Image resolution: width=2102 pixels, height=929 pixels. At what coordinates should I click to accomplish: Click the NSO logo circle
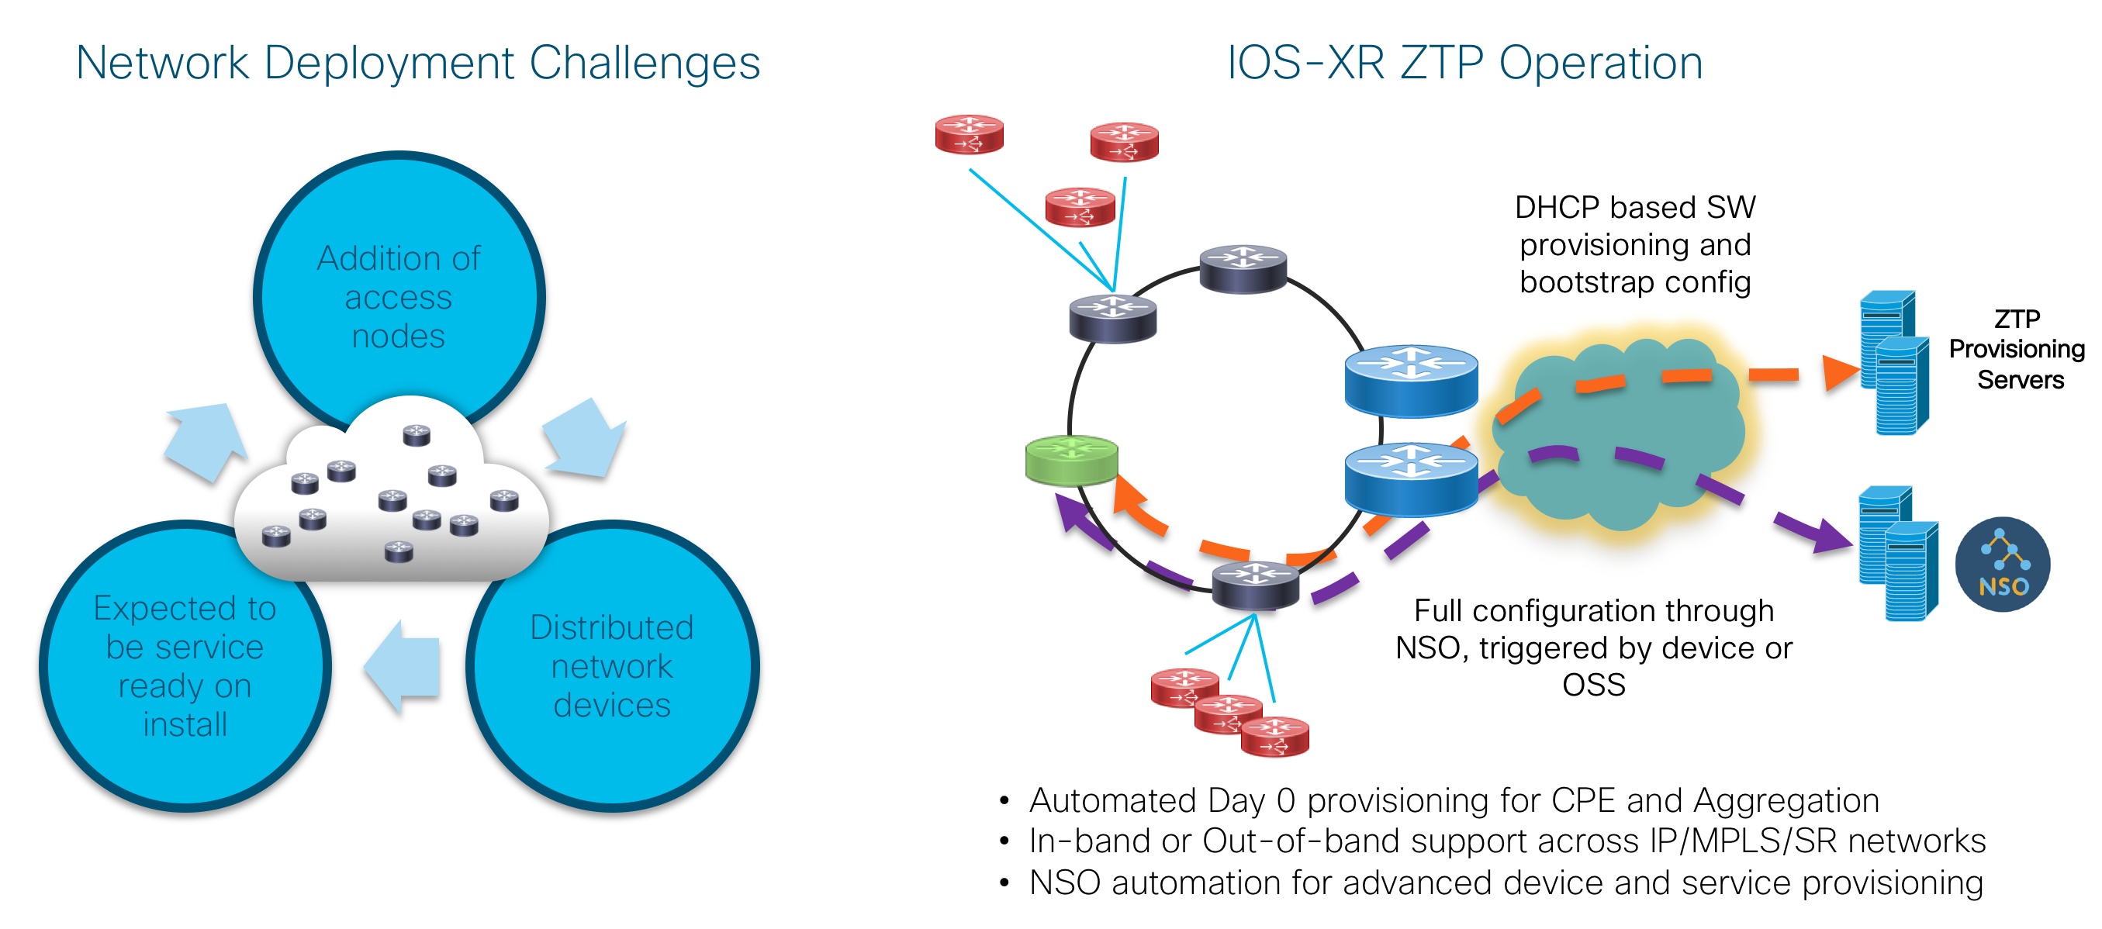(x=2003, y=565)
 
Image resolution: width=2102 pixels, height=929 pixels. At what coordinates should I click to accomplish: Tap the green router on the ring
(x=1071, y=461)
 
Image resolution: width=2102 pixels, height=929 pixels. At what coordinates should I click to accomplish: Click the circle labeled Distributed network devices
(x=612, y=665)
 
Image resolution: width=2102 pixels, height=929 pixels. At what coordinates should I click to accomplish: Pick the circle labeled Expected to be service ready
(x=185, y=665)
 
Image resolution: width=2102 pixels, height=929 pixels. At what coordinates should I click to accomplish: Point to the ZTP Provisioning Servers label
(x=2017, y=349)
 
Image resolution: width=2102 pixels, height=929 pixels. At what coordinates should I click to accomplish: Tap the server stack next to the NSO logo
(x=1898, y=553)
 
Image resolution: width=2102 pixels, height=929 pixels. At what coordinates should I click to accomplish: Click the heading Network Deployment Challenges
(x=418, y=63)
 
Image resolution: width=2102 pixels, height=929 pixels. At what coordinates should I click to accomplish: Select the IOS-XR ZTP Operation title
(x=1465, y=63)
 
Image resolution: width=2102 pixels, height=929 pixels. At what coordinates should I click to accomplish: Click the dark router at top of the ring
(x=1243, y=268)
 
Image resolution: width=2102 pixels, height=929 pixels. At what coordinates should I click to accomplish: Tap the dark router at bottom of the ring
(x=1255, y=585)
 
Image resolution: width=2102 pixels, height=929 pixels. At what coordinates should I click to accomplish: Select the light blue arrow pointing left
(x=403, y=666)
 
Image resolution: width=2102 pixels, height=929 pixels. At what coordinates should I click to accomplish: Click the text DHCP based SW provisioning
(x=1635, y=226)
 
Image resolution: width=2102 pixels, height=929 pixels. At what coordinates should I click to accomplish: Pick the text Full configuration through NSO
(x=1594, y=629)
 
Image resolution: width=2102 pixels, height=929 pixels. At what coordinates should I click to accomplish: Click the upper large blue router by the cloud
(x=1411, y=379)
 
